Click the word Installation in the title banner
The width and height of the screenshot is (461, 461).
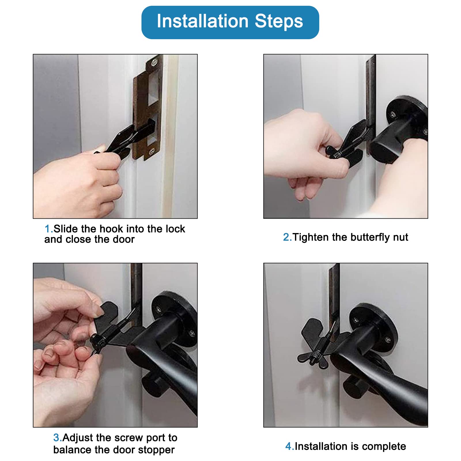[x=203, y=21]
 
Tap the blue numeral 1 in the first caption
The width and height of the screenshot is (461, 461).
[x=48, y=229]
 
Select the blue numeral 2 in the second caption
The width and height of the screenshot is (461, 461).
[x=287, y=237]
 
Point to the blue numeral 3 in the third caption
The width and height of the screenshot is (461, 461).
[x=56, y=438]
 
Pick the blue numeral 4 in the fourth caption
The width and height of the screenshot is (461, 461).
[x=289, y=447]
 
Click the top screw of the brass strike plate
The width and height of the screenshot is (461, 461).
[x=155, y=61]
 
